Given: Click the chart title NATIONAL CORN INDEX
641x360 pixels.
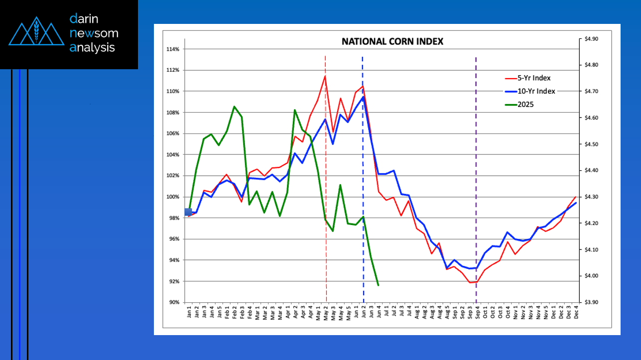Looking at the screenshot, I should [x=392, y=42].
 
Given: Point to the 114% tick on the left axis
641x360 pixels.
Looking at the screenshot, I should [x=173, y=49].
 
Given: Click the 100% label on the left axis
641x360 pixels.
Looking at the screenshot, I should [x=173, y=197].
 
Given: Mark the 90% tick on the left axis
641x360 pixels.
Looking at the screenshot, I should [x=174, y=302].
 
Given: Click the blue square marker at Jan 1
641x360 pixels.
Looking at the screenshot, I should [x=188, y=212].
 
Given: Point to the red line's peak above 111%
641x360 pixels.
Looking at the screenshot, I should [x=325, y=76].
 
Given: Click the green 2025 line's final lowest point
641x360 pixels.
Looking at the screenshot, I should [x=379, y=285].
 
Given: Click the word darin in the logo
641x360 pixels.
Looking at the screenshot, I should [x=84, y=19].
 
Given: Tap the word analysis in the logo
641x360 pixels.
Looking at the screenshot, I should [x=92, y=47].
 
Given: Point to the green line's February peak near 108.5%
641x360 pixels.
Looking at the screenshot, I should [x=234, y=107].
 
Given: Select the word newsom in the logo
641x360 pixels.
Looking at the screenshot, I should [x=94, y=33].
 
